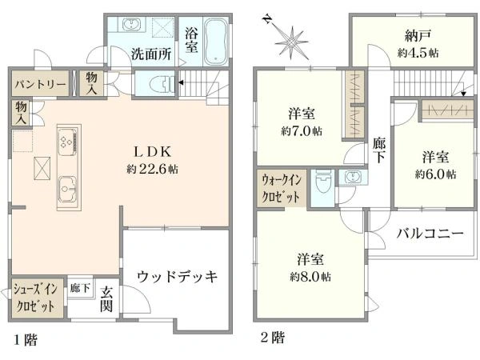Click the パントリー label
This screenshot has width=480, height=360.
[x=38, y=83]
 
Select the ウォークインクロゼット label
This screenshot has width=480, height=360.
[x=280, y=189]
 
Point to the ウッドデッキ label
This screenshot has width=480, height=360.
[x=178, y=277]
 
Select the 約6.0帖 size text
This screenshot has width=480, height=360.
[x=436, y=174]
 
